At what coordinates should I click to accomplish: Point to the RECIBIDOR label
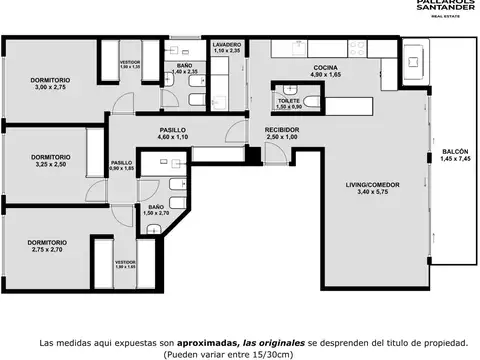(x=283, y=130)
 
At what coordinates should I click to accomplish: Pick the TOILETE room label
(x=290, y=101)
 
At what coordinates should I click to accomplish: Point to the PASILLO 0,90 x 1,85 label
(x=122, y=166)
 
